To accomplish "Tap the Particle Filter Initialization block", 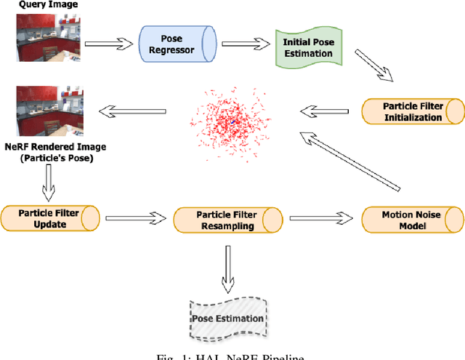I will click(x=412, y=111).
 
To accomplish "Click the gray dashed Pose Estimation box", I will click(x=227, y=318).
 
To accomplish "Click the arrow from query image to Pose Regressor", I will click(x=110, y=43).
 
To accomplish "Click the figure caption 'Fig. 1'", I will click(x=232, y=355).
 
